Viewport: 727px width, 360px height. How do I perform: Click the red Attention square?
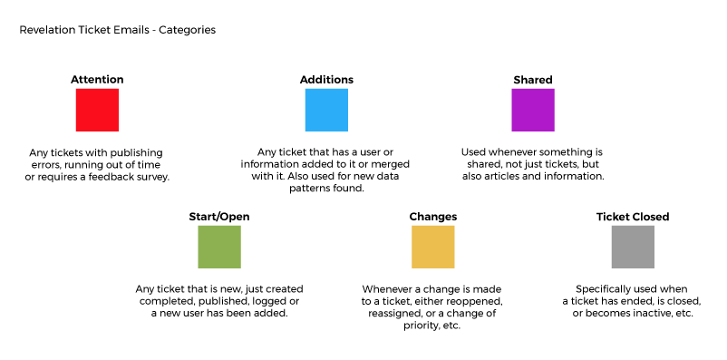click(97, 110)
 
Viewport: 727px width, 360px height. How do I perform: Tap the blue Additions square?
click(326, 110)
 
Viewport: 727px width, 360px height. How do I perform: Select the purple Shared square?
click(533, 110)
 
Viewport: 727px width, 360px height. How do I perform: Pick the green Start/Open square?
click(219, 247)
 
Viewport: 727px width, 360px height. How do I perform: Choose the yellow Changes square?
click(433, 247)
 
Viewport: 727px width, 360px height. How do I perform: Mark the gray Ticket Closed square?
click(633, 247)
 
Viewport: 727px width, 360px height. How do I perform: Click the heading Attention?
click(97, 79)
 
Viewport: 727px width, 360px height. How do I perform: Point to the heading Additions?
click(326, 79)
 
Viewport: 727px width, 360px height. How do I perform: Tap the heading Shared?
click(533, 80)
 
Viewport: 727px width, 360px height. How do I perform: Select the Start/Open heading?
click(219, 217)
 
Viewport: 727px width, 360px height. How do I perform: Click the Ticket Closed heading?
click(633, 217)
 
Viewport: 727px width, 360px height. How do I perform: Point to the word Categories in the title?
click(188, 30)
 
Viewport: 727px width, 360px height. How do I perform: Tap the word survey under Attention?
click(154, 177)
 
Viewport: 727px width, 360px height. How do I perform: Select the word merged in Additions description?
click(382, 164)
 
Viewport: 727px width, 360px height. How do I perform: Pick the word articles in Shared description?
click(500, 176)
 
